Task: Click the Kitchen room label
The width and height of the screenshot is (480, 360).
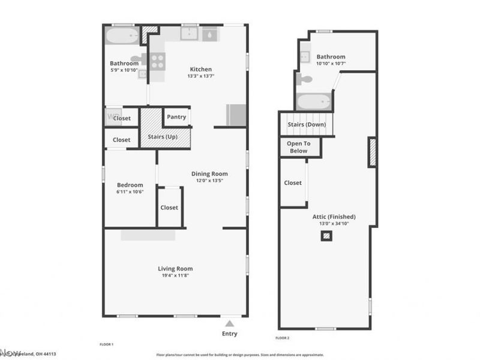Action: pos(200,69)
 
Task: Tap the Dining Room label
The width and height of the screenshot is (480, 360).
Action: pos(209,174)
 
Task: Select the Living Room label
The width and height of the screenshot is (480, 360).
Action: pos(175,269)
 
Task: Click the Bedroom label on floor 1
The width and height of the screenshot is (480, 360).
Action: pos(130,185)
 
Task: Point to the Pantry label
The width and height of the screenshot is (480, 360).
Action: pos(176,117)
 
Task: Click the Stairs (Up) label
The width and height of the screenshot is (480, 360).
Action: pos(162,137)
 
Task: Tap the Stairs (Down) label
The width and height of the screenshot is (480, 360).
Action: pos(306,125)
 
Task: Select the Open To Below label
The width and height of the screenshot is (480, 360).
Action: pos(298,147)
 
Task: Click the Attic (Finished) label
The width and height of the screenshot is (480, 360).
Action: pos(334,217)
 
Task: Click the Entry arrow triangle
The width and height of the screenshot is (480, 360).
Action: pos(229,323)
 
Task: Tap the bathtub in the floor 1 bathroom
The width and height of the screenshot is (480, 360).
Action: pos(122,35)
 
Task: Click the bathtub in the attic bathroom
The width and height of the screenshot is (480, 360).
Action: pos(313,101)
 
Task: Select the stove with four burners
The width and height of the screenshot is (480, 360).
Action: pos(157,60)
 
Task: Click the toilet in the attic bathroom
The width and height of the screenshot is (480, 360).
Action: pos(306,79)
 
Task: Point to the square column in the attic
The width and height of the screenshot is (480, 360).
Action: pos(326,236)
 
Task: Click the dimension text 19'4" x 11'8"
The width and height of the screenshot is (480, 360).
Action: pos(175,276)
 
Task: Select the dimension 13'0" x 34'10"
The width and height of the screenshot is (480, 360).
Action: pos(334,224)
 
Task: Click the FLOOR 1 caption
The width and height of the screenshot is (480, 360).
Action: pos(106,345)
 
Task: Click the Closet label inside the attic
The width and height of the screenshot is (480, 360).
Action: pos(293,183)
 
